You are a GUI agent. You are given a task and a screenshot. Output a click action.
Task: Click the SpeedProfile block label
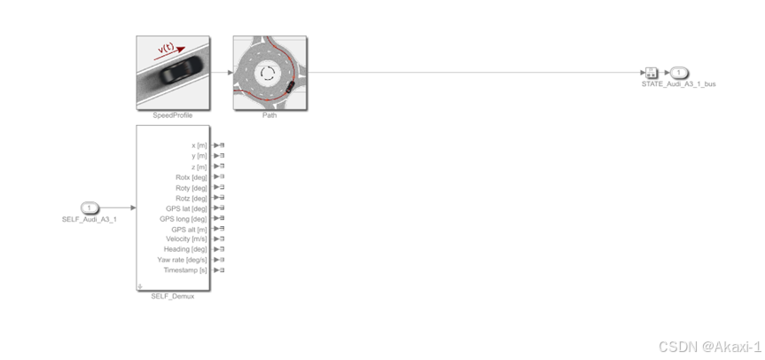tap(173, 115)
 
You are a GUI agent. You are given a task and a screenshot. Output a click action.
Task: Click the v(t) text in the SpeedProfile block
tap(166, 48)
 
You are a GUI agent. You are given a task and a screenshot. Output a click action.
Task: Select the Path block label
tap(269, 115)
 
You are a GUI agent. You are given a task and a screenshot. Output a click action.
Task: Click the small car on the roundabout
tap(290, 87)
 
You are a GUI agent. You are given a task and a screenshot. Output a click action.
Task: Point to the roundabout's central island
tap(267, 74)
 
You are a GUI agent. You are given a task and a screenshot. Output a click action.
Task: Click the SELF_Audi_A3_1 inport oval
tap(90, 207)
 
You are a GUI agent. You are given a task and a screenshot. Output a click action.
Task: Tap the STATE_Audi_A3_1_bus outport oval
tap(678, 73)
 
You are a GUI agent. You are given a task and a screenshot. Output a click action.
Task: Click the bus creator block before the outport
tap(652, 73)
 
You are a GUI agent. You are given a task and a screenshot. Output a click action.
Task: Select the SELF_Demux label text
tap(173, 296)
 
